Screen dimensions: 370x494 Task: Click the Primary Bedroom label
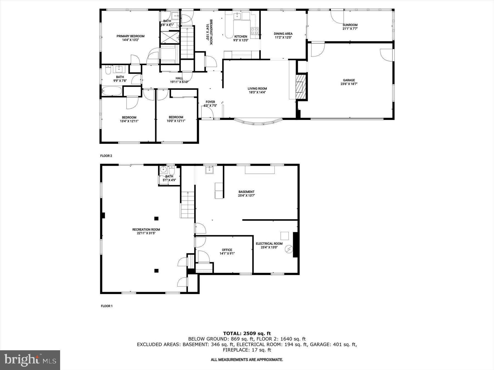point(130,36)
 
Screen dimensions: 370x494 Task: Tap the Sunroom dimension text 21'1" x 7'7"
point(350,29)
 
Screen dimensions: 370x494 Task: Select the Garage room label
point(349,80)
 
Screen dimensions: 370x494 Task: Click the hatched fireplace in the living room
point(301,87)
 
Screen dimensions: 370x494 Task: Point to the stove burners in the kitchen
point(254,31)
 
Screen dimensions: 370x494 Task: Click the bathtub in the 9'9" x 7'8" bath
point(112,91)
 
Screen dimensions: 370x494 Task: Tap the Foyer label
point(210,102)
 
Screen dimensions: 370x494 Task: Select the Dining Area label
point(283,34)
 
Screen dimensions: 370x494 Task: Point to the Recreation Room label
point(146,230)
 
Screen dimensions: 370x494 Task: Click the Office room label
point(227,250)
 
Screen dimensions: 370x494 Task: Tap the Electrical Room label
point(269,244)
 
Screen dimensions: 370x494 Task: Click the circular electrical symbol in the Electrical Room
point(289,249)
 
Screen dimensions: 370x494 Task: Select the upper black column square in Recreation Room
point(156,218)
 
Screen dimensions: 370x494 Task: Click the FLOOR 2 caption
point(106,156)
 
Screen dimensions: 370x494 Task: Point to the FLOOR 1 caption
point(106,306)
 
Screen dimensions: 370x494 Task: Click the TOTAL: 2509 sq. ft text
point(247,334)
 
